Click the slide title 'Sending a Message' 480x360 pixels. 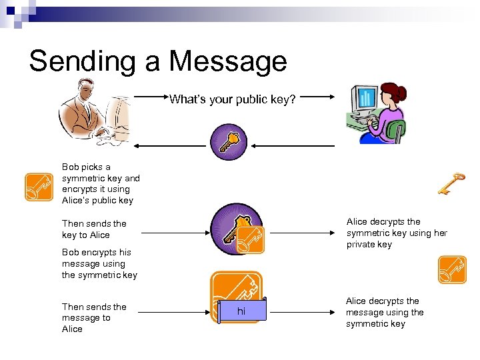pyautogui.click(x=158, y=61)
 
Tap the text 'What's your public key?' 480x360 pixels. pyautogui.click(x=232, y=100)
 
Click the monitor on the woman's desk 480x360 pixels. pyautogui.click(x=366, y=99)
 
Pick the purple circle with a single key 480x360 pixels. pyautogui.click(x=229, y=141)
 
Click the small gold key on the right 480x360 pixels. pyautogui.click(x=451, y=183)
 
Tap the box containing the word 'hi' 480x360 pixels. pyautogui.click(x=241, y=311)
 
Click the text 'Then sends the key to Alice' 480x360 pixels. pyautogui.click(x=94, y=229)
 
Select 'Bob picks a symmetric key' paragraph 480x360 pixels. pyautogui.click(x=101, y=183)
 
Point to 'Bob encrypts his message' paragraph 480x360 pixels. pyautogui.click(x=99, y=263)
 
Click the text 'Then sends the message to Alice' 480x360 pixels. pyautogui.click(x=94, y=317)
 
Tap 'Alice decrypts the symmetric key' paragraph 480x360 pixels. pyautogui.click(x=397, y=233)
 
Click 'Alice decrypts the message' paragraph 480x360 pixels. pyautogui.click(x=385, y=312)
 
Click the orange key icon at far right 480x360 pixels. pyautogui.click(x=452, y=269)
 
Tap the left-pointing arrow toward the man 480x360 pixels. pyautogui.click(x=170, y=145)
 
